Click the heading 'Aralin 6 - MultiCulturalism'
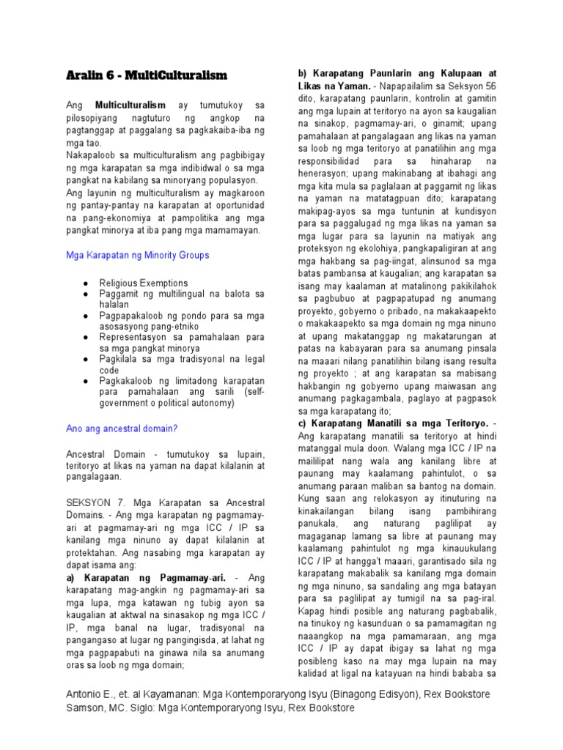(147, 75)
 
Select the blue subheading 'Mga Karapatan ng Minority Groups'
(138, 255)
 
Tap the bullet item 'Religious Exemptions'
(144, 283)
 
